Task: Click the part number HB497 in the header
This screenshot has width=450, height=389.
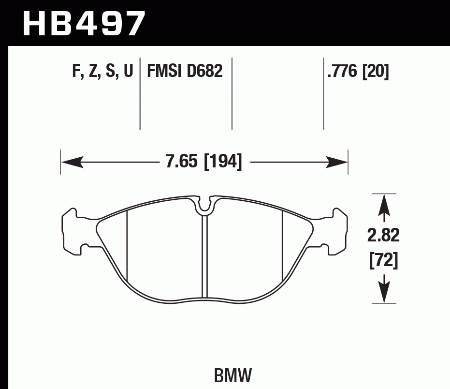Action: point(84,23)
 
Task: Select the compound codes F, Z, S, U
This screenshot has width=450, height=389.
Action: point(102,72)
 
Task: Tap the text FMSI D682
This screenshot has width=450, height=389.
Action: point(184,72)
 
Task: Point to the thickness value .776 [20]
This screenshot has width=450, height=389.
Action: point(358,72)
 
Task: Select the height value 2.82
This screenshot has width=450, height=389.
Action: point(384,237)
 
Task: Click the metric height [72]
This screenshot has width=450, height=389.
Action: point(384,261)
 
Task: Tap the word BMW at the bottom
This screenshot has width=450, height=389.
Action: point(232,374)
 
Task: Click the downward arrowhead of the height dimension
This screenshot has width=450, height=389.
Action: point(384,293)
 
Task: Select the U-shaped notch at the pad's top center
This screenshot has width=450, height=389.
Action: point(205,205)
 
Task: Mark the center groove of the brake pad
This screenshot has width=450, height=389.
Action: point(204,256)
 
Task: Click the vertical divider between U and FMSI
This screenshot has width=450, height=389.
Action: point(140,94)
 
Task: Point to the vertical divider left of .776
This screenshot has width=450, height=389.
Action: point(323,94)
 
